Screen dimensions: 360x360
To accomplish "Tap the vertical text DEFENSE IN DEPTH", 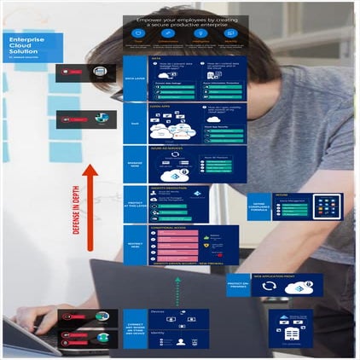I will (77, 230).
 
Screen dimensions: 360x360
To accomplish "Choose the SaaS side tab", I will (134, 124).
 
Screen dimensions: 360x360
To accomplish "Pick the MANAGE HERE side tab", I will (134, 164).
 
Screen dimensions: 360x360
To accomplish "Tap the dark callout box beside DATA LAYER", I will (80, 73).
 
